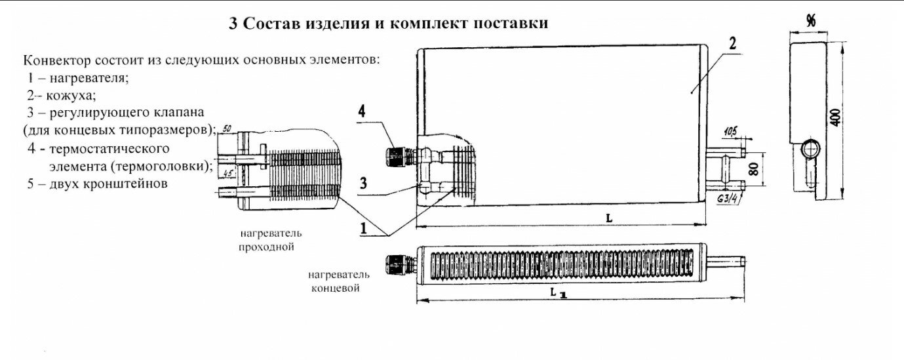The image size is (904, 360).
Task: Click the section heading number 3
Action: click(x=233, y=24)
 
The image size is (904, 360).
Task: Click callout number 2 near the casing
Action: click(x=732, y=45)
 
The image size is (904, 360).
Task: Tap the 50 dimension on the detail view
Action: click(x=227, y=128)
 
